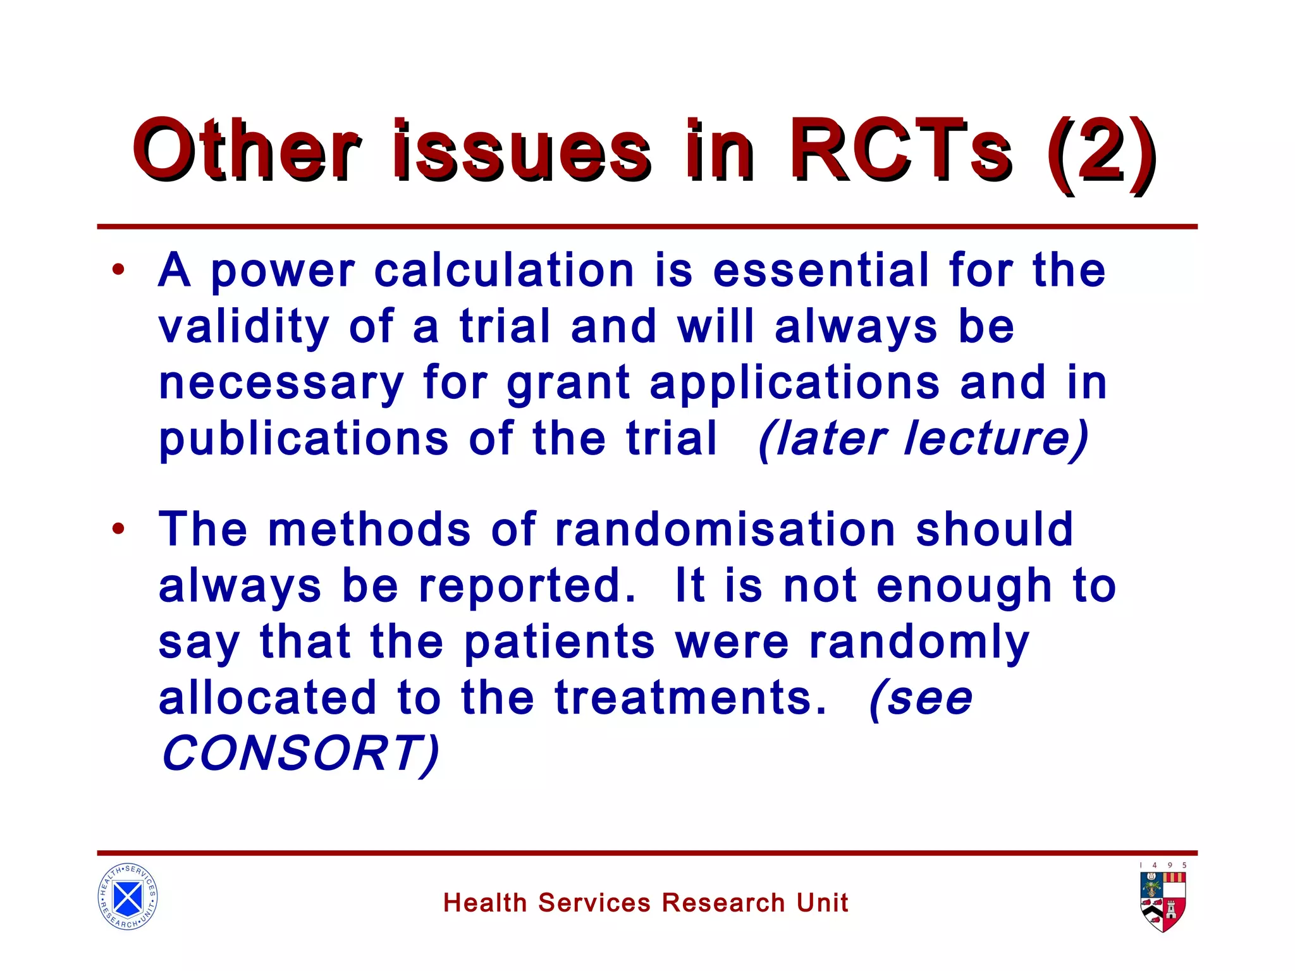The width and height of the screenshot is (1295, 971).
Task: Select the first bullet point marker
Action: click(x=118, y=271)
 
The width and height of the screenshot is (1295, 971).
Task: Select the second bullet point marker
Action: click(x=118, y=528)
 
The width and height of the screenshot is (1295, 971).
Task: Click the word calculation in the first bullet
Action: click(x=504, y=271)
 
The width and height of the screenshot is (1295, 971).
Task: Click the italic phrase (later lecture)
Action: click(x=923, y=439)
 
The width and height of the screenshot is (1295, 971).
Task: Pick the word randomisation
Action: click(x=725, y=529)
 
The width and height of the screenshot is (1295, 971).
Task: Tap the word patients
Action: click(x=559, y=643)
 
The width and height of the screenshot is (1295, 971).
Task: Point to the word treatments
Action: click(x=690, y=698)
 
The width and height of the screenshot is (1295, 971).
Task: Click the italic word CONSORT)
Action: click(x=300, y=754)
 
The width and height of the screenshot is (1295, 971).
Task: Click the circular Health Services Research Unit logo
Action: click(x=128, y=896)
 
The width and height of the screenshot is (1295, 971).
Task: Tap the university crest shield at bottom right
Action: click(x=1163, y=901)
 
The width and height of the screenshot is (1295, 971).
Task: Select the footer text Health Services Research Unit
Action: click(x=646, y=903)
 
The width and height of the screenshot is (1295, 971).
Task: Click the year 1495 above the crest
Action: click(x=1163, y=865)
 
